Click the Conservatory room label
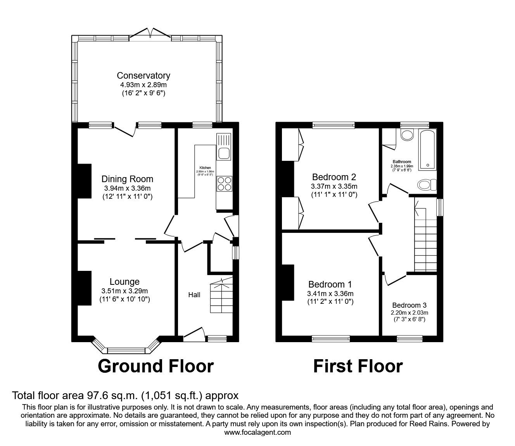[x=143, y=76]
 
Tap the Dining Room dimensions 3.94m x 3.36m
[x=127, y=188]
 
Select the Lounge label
[x=124, y=282]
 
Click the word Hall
[x=194, y=295]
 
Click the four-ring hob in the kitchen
[x=224, y=183]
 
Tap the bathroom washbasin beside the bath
[x=407, y=135]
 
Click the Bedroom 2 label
[x=334, y=177]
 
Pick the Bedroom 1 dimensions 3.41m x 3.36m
[x=330, y=294]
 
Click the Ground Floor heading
[x=156, y=366]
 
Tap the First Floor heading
[x=358, y=366]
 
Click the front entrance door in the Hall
[x=194, y=334]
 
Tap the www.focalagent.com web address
[x=257, y=432]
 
